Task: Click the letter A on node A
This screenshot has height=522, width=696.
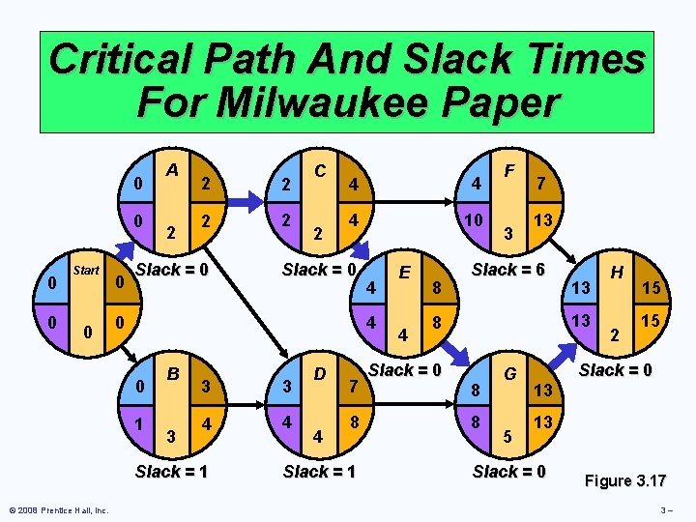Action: (x=172, y=170)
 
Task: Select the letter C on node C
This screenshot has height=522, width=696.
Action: (x=320, y=170)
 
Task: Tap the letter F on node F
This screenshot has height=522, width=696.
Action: (x=508, y=171)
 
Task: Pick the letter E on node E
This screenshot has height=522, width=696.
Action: (x=406, y=274)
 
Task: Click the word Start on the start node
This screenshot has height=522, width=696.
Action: (x=86, y=270)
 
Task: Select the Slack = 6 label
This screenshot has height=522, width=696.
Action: (x=508, y=270)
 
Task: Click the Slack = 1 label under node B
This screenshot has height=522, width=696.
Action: (x=172, y=472)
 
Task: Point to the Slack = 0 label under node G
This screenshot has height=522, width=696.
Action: (x=508, y=472)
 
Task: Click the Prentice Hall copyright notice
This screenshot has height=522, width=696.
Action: (x=58, y=510)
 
